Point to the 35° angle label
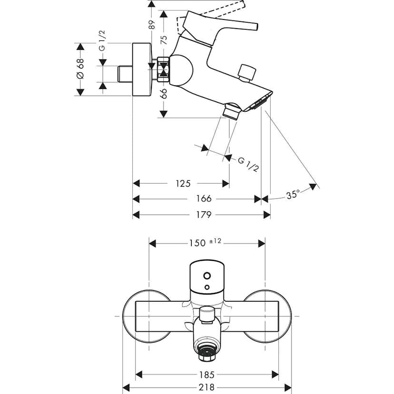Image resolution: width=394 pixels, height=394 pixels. pos(293,195)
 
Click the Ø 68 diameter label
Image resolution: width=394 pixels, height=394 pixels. pos(80,69)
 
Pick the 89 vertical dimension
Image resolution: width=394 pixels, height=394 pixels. pos(152,24)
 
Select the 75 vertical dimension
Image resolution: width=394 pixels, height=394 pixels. pos(164,40)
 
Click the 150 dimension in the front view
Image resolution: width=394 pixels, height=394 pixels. pos(195,243)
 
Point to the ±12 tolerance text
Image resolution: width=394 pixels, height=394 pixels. pos(215,241)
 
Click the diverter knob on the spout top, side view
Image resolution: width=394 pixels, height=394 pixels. pos(247,72)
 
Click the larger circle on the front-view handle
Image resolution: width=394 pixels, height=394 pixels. pos(207,276)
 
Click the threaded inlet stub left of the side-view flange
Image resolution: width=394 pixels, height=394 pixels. pos(124,74)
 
